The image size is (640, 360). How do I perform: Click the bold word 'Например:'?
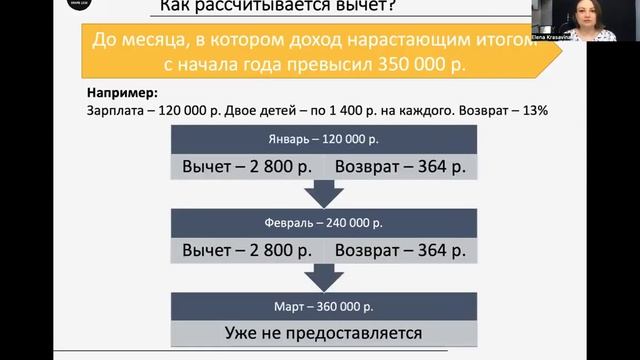tap(116, 94)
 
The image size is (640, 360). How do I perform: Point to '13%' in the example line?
tap(531, 111)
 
